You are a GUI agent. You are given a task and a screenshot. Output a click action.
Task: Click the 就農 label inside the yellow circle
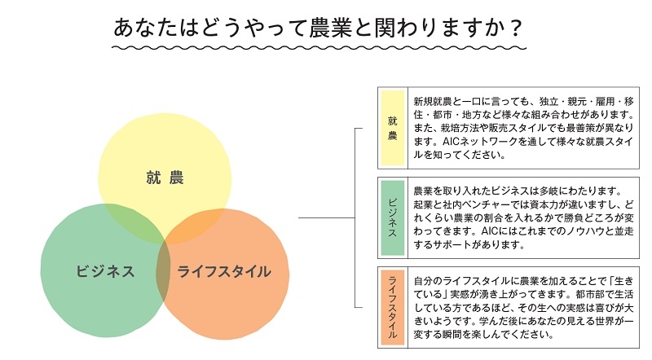pos(165,177)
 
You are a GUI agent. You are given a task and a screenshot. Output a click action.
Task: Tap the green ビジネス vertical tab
pos(392,216)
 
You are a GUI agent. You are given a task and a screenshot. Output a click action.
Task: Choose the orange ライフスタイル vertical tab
pos(392,307)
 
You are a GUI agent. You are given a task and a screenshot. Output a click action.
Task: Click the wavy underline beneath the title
pos(318,50)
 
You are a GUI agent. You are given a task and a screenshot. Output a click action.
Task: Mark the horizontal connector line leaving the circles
pos(326,218)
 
